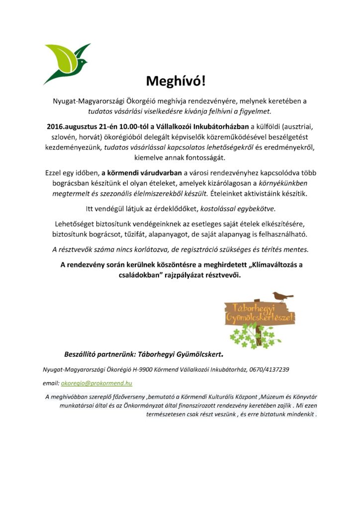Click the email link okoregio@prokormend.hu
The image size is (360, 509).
click(x=96, y=383)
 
